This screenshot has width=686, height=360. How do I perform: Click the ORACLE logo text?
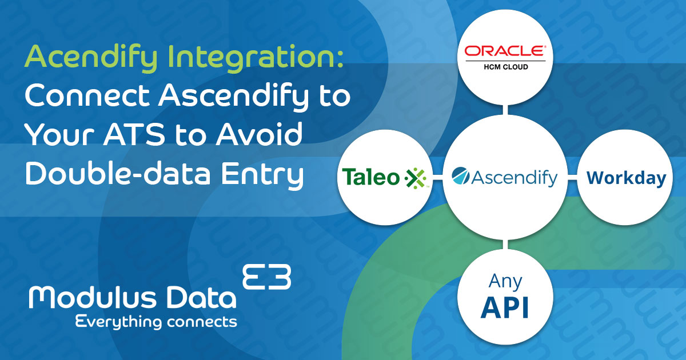[504, 51]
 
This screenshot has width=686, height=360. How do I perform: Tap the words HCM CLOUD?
[504, 67]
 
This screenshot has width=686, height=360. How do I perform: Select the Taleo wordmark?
[371, 178]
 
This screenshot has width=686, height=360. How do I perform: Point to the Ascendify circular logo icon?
[461, 177]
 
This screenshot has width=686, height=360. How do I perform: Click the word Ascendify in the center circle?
[514, 178]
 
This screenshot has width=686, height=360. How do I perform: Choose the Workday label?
[626, 178]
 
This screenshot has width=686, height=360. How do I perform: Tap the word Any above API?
[504, 282]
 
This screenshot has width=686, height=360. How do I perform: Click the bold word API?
[504, 307]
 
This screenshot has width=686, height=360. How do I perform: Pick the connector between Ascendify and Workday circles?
[572, 178]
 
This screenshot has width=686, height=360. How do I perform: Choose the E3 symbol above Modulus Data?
[267, 277]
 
